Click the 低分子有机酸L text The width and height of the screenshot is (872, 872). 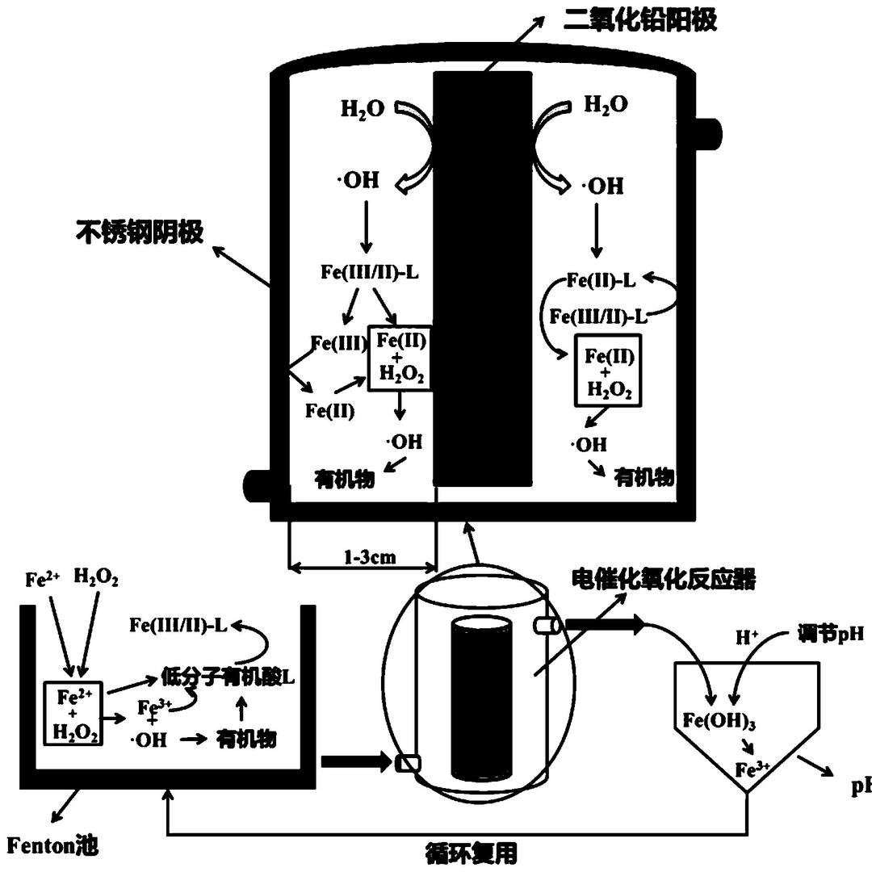228,677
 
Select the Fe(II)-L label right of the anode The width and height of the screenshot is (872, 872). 600,280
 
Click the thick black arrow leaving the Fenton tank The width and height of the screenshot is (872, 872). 354,761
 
